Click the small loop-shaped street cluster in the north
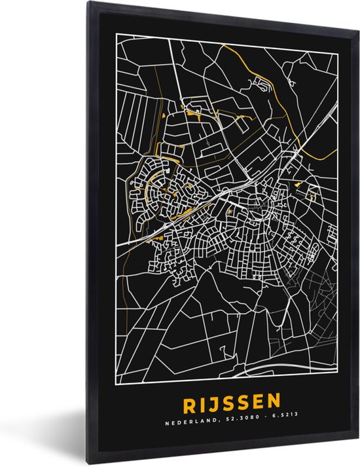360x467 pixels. [265, 83]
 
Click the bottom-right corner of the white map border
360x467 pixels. [337, 379]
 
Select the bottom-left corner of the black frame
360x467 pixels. [93, 462]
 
